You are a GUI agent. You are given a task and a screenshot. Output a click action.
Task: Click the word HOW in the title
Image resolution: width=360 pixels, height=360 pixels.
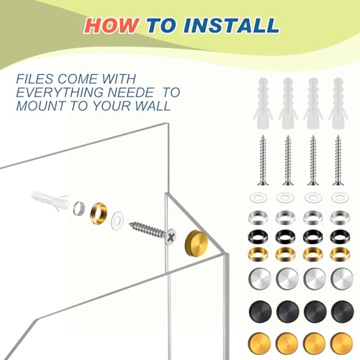[x=112, y=25]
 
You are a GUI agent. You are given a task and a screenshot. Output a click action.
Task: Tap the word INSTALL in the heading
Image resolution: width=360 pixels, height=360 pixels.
[x=231, y=25]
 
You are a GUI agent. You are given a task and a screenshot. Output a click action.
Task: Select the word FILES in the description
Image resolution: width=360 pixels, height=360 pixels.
[x=35, y=79]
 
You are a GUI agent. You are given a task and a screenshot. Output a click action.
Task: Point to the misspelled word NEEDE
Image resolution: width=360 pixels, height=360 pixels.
[x=130, y=92]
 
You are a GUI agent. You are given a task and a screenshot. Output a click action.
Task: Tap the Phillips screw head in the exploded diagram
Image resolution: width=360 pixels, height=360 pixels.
[x=171, y=237]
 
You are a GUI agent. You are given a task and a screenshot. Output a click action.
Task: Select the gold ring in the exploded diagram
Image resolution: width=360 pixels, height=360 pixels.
[x=99, y=213]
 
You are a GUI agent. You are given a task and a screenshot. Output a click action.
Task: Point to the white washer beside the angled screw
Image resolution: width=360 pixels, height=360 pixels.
[x=117, y=220]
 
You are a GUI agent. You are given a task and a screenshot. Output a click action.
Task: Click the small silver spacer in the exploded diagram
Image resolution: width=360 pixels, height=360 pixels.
[x=79, y=209]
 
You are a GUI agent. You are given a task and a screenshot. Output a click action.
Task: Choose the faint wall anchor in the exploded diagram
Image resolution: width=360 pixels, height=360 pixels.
[x=50, y=200]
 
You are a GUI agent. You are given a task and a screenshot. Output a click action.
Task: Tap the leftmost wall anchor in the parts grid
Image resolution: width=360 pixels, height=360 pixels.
[x=263, y=103]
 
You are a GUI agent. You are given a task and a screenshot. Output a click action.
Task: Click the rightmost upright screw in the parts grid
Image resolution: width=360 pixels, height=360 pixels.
[x=338, y=161]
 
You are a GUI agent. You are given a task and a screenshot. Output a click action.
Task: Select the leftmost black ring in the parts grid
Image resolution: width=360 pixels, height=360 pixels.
[x=258, y=236]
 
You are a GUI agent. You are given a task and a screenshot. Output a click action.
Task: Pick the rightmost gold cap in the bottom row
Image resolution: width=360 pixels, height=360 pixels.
[x=342, y=343]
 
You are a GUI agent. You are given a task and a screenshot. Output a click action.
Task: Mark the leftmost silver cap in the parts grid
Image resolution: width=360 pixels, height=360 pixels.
[x=260, y=279]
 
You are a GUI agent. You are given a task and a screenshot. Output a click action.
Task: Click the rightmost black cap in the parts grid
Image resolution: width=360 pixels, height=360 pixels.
[x=342, y=311]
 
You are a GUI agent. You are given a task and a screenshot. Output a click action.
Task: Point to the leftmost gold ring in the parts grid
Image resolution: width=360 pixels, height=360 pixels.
[x=258, y=254]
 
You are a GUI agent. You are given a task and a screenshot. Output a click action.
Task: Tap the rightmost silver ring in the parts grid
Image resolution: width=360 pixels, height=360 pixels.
[x=340, y=217]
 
